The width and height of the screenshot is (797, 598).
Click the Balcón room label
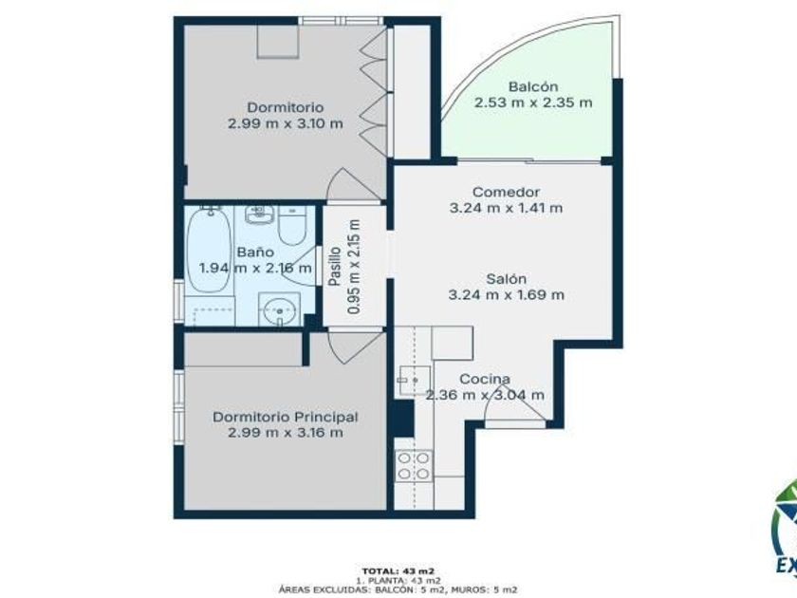tap(533, 86)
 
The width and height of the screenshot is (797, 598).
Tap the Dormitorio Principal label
tap(286, 417)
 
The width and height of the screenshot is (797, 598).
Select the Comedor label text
tap(506, 192)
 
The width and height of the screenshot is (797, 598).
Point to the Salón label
tap(507, 279)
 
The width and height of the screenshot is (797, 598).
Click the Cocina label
tap(485, 379)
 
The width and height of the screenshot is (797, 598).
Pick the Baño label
tap(255, 252)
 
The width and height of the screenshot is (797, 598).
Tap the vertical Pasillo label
tap(334, 266)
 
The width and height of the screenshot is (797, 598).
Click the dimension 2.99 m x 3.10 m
tap(286, 123)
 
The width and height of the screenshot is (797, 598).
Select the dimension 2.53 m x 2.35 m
tap(533, 103)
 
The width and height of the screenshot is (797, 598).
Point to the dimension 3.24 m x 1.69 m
tap(507, 295)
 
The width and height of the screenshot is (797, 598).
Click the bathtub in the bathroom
tap(209, 252)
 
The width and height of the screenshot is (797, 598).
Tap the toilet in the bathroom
tap(292, 225)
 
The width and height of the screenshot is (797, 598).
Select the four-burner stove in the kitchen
tap(414, 466)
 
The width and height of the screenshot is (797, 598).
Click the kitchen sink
tap(415, 381)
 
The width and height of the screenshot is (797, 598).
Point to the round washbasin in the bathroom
tap(279, 308)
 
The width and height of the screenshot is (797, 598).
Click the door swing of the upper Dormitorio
tap(353, 184)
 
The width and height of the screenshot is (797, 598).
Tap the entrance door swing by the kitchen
tap(514, 402)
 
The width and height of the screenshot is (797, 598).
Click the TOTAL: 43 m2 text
tap(398, 570)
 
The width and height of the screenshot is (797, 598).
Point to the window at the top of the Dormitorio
tap(341, 21)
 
